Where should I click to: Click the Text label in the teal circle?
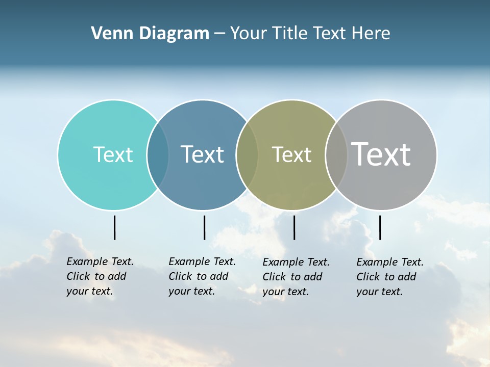pos(113,154)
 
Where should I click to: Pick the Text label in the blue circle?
pos(202,154)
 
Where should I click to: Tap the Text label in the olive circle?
pos(291,154)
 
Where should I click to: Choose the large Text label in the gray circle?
pos(381,154)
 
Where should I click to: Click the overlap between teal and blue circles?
pos(158,154)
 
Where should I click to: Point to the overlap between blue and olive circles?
pos(247,154)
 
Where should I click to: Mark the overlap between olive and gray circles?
pos(336,154)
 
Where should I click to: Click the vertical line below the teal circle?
pos(115,227)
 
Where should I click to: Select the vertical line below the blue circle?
pos(204,227)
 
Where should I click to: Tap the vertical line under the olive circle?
pos(294,227)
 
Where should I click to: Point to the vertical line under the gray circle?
pos(380,227)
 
